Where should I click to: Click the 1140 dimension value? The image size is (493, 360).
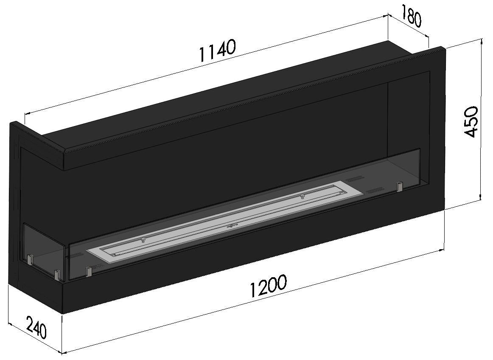coord(217,51)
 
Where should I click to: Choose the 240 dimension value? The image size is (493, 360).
coord(36,327)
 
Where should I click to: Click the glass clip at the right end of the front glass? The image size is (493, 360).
coord(399,186)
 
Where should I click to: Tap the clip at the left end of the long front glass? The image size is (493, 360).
coord(89,271)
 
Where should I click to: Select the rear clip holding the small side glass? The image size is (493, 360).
coord(30,259)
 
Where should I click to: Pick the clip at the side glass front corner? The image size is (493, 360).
coord(56,275)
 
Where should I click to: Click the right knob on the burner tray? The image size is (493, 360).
coord(302,196)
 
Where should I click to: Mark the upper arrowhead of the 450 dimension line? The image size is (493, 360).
coord(481,42)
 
